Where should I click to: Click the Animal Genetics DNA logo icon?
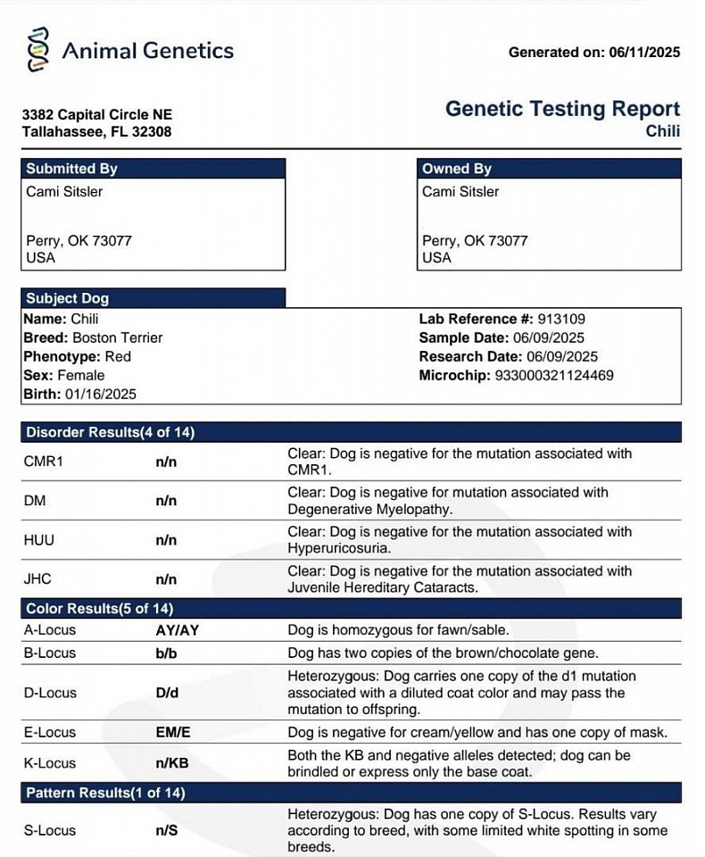pos(38,49)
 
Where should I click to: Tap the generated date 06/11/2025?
pos(644,53)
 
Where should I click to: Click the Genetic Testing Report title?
pos(562,109)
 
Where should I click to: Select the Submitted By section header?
pos(71,169)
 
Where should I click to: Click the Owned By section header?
pos(457,169)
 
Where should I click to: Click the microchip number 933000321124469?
pos(554,376)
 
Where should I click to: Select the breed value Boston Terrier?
pos(117,337)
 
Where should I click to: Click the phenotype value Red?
pos(118,356)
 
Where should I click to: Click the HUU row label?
pos(38,540)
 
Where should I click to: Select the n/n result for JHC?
pos(166,579)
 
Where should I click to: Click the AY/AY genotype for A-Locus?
pos(177,630)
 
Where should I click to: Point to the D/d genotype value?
pos(166,693)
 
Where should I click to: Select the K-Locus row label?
pos(50,763)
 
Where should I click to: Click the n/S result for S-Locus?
pos(167,830)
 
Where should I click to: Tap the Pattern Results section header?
pos(105,793)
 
